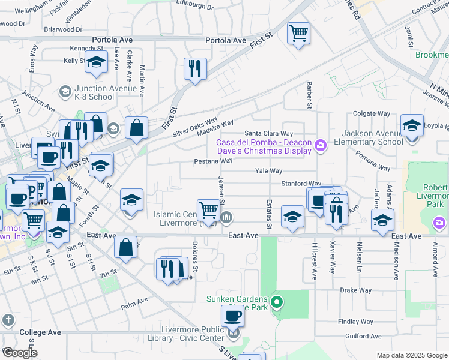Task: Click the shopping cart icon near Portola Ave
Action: (x=298, y=33)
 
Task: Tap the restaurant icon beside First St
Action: (x=195, y=68)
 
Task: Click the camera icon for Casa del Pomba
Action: (x=321, y=145)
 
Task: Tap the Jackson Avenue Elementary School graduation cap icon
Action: (x=412, y=127)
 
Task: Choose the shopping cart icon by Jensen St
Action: (x=208, y=210)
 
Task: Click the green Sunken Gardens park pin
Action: (x=276, y=302)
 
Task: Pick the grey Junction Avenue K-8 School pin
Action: (x=65, y=91)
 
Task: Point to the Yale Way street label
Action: (x=268, y=171)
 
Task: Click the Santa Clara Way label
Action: (x=268, y=133)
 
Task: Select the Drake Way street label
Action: (x=356, y=290)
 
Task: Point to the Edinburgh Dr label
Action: (x=194, y=7)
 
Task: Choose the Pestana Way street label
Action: (x=213, y=161)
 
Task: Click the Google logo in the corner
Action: (x=19, y=353)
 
